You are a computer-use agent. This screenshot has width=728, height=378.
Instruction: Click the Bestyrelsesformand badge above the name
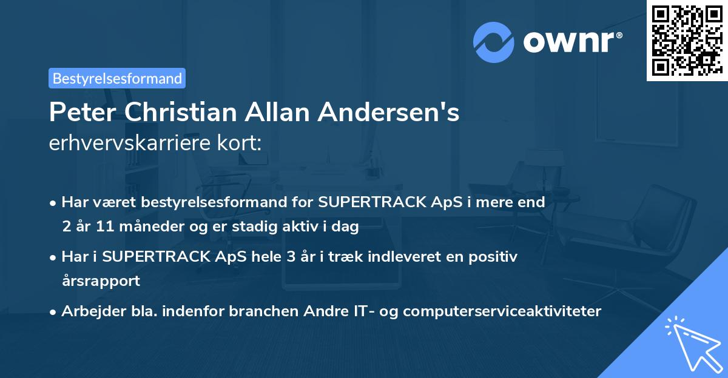(116, 78)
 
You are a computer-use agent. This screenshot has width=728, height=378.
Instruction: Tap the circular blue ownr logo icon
(494, 42)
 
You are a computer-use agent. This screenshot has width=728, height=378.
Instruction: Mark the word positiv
(496, 256)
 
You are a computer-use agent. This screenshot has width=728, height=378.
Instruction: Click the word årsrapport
(101, 281)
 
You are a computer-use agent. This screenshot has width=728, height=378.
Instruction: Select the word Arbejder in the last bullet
(88, 311)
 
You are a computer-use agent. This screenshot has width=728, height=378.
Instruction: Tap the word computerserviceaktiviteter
(502, 311)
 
